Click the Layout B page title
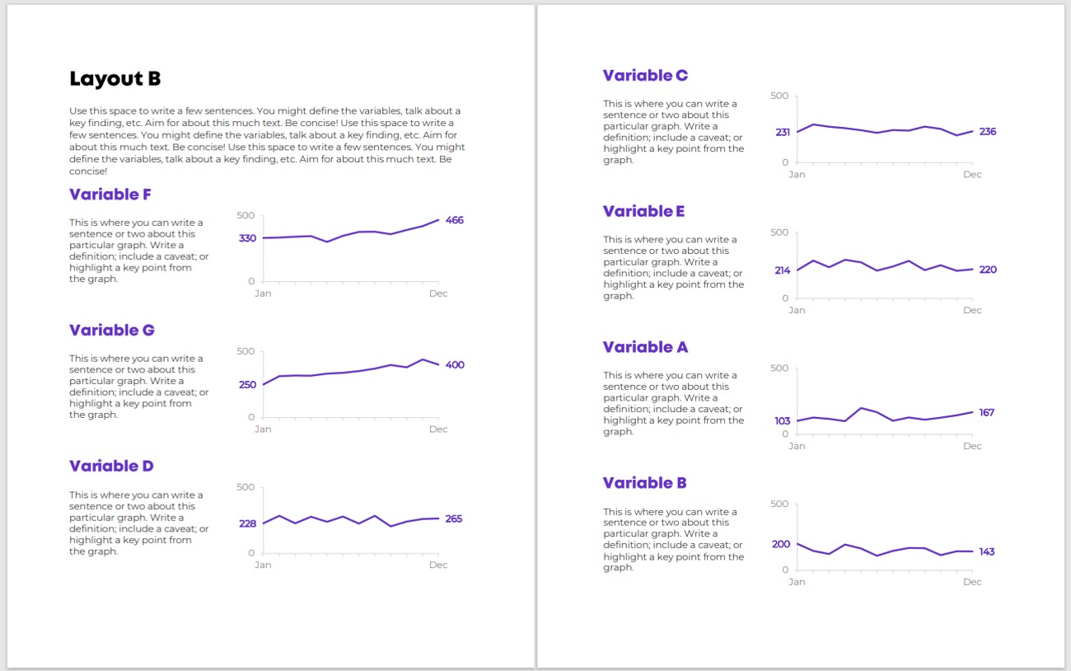tap(115, 79)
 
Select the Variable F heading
tap(110, 195)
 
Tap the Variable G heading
tap(112, 330)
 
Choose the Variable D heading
tap(111, 466)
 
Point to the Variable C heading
tap(645, 75)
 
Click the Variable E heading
tap(643, 211)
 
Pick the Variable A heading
tap(645, 347)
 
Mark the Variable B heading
tap(644, 482)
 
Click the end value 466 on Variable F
tap(454, 220)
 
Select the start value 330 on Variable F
tap(247, 238)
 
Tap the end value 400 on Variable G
tap(455, 365)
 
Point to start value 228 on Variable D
tap(248, 523)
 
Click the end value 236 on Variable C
tap(988, 132)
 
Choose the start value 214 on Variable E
tap(782, 270)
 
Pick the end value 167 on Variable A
tap(986, 412)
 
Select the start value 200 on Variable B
tap(781, 544)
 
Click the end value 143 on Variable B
tap(987, 552)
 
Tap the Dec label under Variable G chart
tap(438, 429)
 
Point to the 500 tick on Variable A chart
tap(779, 368)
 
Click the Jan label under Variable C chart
tap(797, 175)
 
